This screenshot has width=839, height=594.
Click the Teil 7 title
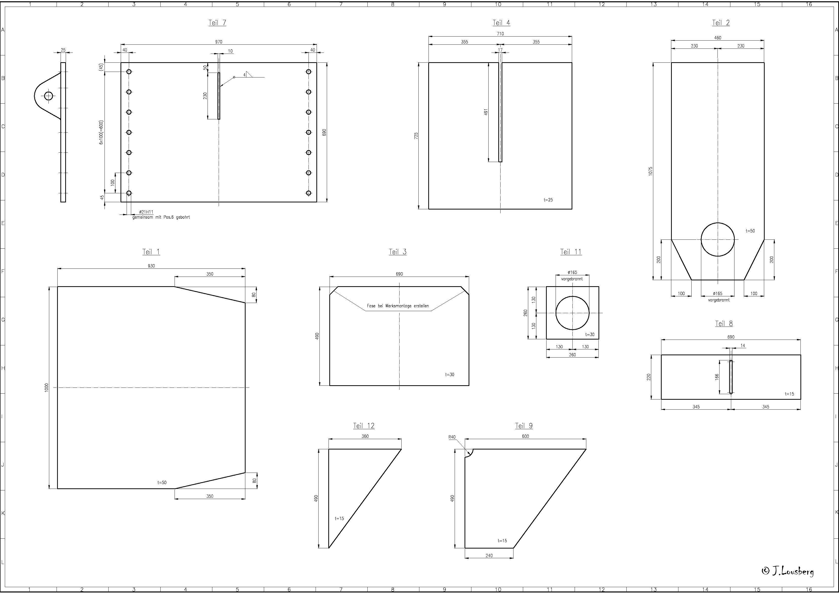[217, 23]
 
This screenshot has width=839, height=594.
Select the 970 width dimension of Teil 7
[218, 42]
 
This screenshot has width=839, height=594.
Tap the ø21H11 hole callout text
[146, 212]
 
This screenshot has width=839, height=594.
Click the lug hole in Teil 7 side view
[49, 96]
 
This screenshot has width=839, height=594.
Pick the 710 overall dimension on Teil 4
[500, 34]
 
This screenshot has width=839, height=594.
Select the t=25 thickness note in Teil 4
[548, 200]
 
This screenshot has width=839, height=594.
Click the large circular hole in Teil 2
[718, 239]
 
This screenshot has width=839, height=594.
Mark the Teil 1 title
[151, 252]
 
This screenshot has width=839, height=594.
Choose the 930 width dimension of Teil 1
[151, 266]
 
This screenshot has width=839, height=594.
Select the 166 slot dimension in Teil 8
[717, 376]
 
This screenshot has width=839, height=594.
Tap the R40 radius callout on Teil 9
[452, 437]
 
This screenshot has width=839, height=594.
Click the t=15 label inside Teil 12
[339, 518]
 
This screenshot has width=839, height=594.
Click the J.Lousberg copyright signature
[788, 571]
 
